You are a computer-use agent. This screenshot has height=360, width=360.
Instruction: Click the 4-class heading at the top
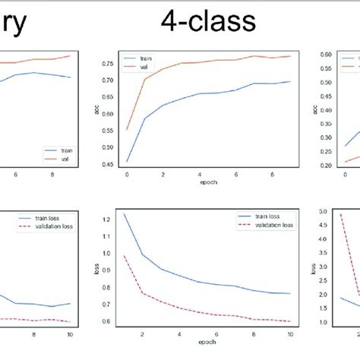point(207,23)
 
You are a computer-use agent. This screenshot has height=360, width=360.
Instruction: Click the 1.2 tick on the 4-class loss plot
point(107,219)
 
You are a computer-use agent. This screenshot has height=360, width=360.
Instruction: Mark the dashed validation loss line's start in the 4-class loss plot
point(125,255)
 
